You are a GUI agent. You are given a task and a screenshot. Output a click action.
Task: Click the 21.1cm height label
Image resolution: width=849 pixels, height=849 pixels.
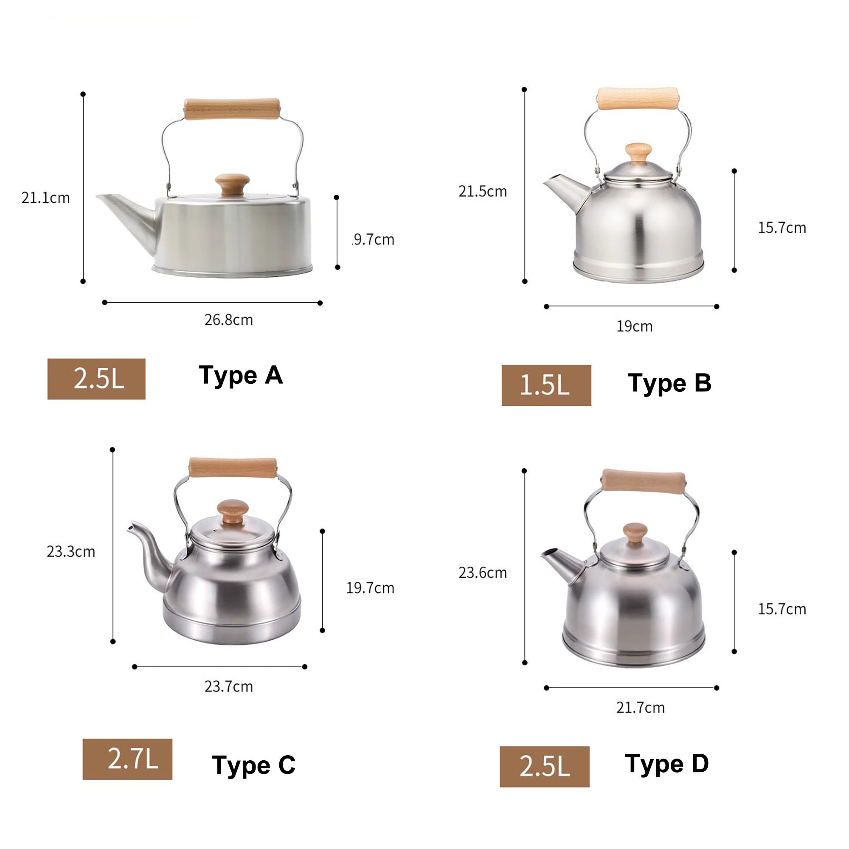click(46, 198)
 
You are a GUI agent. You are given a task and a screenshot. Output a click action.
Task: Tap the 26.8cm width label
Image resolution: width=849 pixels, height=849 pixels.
click(228, 320)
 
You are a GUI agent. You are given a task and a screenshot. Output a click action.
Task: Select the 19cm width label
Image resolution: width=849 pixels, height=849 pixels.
click(634, 326)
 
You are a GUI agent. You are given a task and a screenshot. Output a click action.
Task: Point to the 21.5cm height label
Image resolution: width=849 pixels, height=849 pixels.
click(483, 191)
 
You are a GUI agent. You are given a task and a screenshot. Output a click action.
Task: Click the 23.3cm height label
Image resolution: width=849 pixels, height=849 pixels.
click(71, 551)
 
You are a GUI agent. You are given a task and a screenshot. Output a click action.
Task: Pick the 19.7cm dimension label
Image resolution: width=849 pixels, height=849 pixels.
click(370, 588)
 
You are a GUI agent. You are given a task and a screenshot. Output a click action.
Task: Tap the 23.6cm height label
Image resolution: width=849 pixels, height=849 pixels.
click(483, 573)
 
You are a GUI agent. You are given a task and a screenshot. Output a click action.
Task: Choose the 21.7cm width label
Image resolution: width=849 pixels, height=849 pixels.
click(640, 708)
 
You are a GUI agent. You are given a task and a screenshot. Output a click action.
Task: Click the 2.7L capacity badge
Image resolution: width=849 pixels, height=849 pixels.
click(127, 759)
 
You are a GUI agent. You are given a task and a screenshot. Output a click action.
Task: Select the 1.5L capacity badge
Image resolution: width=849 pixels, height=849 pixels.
click(546, 385)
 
